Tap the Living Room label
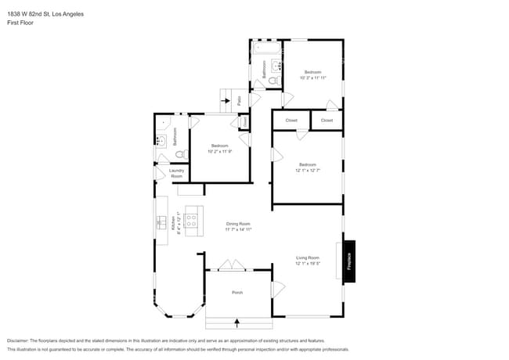[307, 257]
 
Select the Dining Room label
[238, 224]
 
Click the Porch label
[237, 293]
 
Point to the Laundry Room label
[176, 174]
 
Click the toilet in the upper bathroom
[273, 80]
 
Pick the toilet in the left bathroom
[179, 154]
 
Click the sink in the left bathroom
[160, 141]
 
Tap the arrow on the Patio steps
[226, 101]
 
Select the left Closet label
[291, 121]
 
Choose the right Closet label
[327, 121]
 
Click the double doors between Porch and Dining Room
[230, 266]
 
